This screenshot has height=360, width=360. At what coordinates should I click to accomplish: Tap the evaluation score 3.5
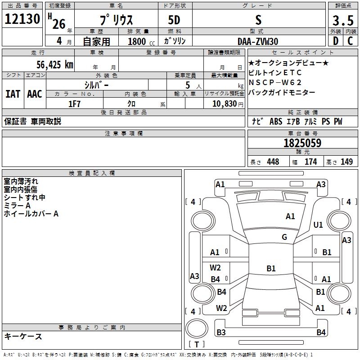[x=342, y=21]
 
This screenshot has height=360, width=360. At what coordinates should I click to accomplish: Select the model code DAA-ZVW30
[x=258, y=41]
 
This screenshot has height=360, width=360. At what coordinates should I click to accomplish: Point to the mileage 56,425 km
[x=52, y=64]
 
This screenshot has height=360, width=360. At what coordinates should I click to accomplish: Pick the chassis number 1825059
[x=302, y=143]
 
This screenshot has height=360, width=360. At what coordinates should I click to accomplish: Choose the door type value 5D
[x=174, y=21]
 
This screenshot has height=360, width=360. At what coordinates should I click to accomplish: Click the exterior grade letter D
[x=335, y=41]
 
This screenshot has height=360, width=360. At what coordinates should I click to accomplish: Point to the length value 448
[x=273, y=162]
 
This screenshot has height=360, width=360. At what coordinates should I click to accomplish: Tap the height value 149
[x=346, y=162]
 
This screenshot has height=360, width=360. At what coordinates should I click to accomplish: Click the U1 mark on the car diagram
[x=318, y=225]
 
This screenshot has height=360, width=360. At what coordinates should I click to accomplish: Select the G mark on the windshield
[x=284, y=237]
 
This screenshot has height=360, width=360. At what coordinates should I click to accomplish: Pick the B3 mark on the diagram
[x=221, y=333]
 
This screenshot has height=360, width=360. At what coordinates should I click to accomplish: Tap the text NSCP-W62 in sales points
[x=275, y=82]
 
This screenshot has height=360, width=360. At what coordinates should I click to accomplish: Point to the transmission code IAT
[x=13, y=94]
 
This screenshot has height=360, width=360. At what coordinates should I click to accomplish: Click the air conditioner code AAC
[x=34, y=94]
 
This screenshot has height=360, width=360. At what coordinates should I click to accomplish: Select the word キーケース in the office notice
[x=23, y=336]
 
